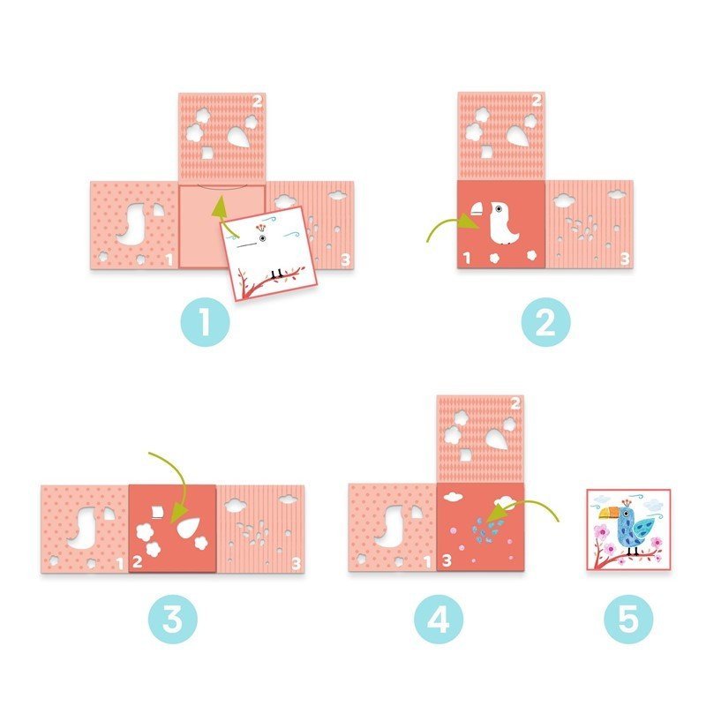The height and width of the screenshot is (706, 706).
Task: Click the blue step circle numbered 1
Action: (x=206, y=321)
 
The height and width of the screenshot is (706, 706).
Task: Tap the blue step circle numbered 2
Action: (x=545, y=321)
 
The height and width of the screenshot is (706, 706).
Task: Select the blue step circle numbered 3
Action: (x=173, y=619)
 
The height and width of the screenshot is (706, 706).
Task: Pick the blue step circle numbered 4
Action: (x=439, y=619)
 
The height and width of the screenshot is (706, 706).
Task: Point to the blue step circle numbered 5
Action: (x=628, y=619)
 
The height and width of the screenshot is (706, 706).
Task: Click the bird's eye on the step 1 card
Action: (x=262, y=238)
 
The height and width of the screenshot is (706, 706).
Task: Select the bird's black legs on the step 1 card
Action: (x=277, y=274)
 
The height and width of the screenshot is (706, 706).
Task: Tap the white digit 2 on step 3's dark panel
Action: (x=138, y=561)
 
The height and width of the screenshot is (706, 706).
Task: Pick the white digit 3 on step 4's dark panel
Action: (x=447, y=560)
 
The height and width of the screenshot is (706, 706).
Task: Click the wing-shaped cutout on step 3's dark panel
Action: (x=188, y=527)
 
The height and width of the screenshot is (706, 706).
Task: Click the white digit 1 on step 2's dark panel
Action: (x=467, y=258)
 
